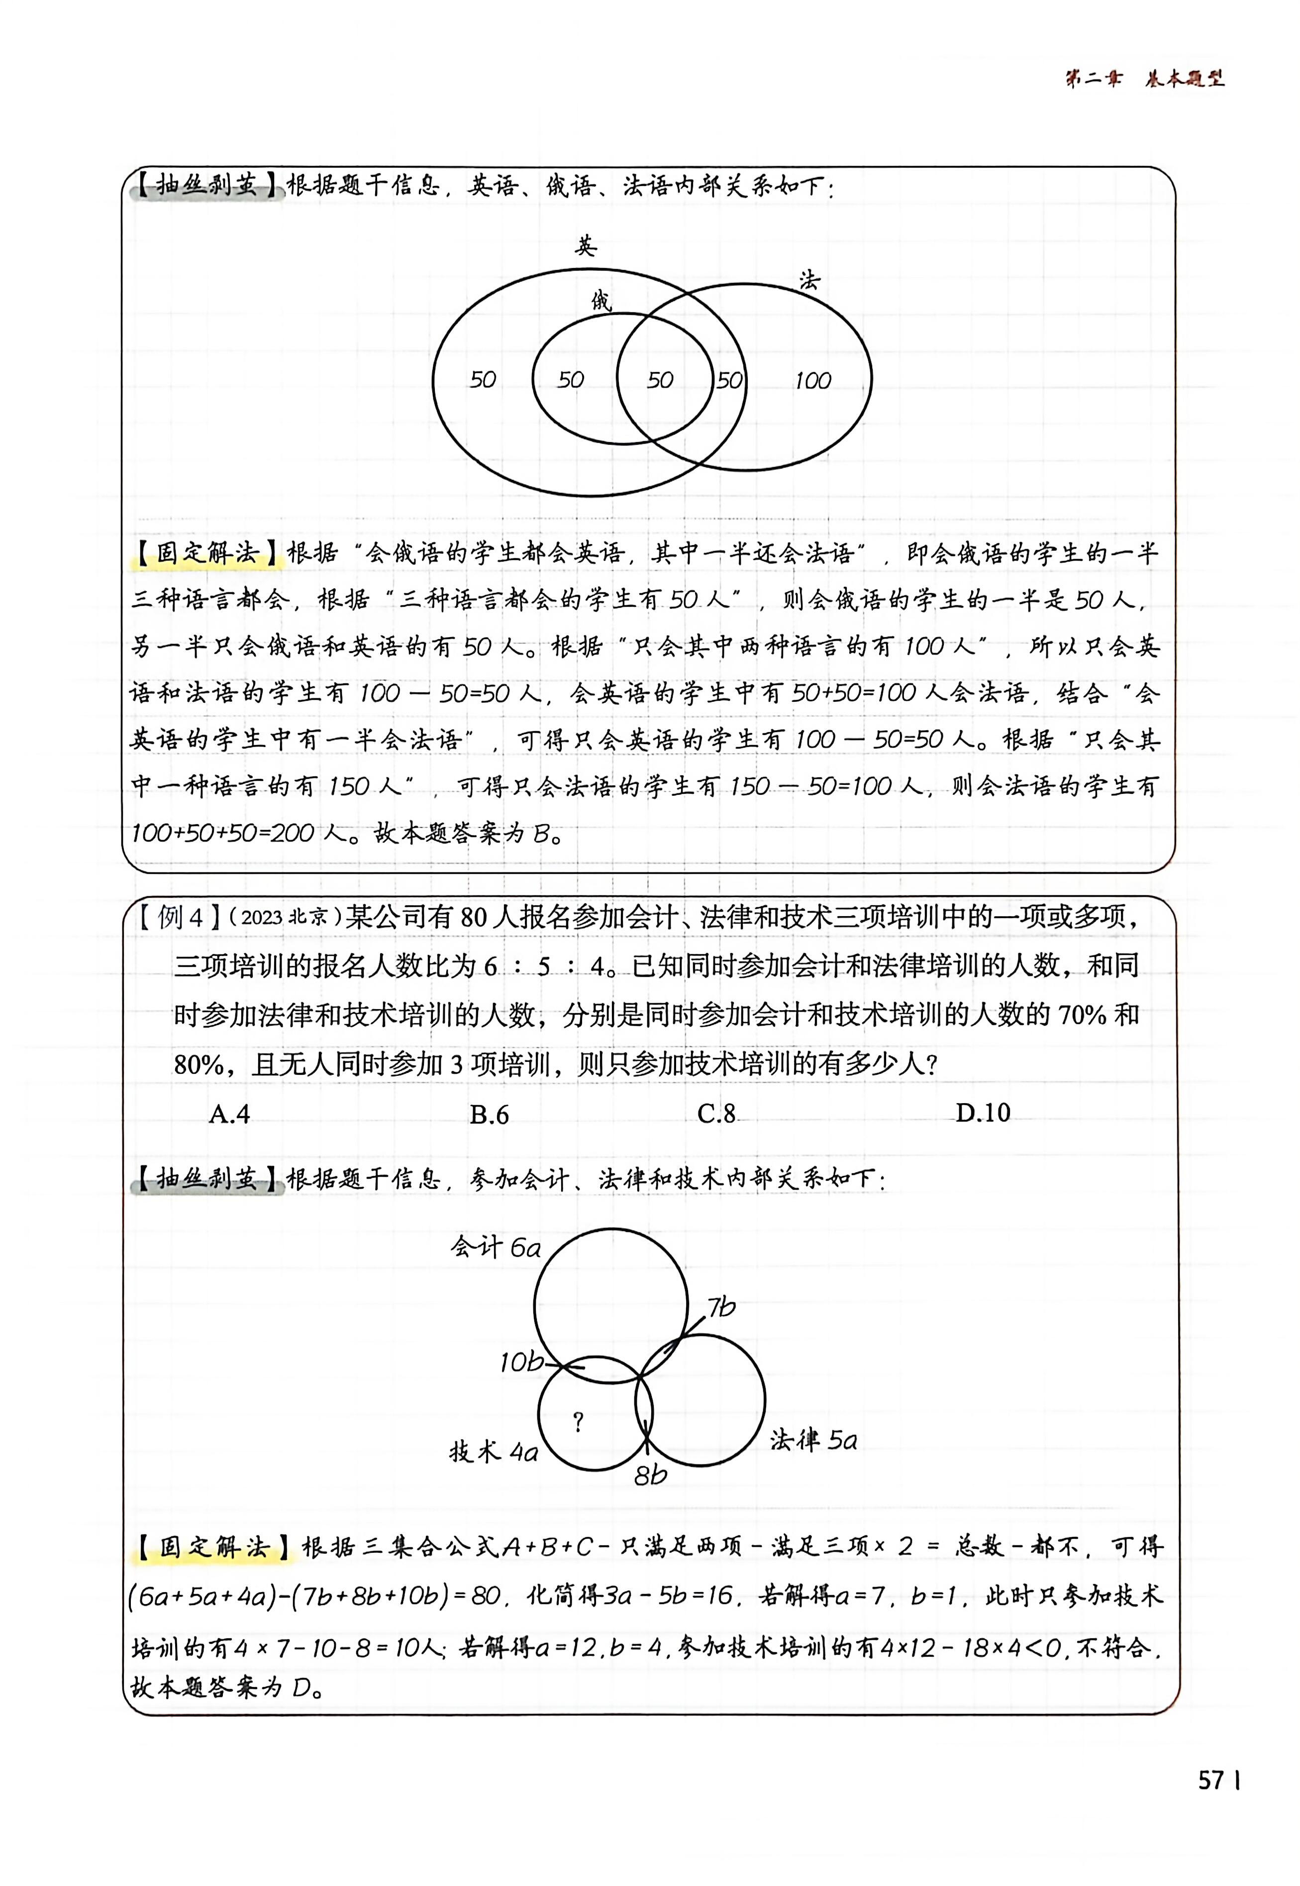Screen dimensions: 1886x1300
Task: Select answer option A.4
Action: tap(230, 1113)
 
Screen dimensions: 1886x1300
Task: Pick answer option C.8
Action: tap(717, 1113)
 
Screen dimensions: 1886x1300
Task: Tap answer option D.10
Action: tap(982, 1113)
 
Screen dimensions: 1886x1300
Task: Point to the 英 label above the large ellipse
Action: tap(585, 245)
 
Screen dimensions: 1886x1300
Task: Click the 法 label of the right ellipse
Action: tap(809, 281)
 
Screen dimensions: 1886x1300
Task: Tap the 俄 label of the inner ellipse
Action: tap(601, 301)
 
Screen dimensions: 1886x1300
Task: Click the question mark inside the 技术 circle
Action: tap(578, 1422)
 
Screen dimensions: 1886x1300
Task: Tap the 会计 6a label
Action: tap(495, 1247)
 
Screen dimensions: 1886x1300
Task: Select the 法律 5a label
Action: tap(813, 1440)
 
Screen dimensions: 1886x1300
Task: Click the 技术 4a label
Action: tap(494, 1451)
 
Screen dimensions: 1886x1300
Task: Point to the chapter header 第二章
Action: tap(1093, 79)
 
